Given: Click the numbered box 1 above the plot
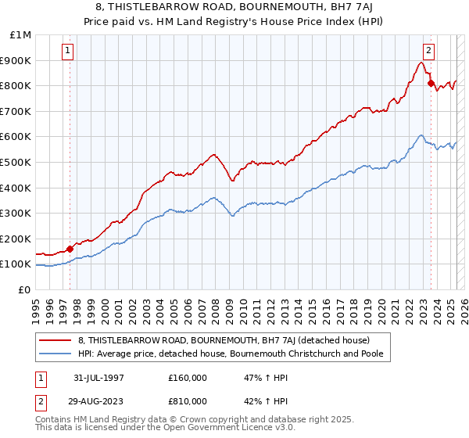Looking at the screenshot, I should pyautogui.click(x=69, y=50).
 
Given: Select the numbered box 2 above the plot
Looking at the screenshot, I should pyautogui.click(x=429, y=50).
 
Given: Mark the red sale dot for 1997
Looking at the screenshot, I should pyautogui.click(x=70, y=249).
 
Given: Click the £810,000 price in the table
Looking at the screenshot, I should pyautogui.click(x=187, y=400).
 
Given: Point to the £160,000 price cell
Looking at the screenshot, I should pyautogui.click(x=187, y=377).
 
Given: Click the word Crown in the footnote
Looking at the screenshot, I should pyautogui.click(x=188, y=420).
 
